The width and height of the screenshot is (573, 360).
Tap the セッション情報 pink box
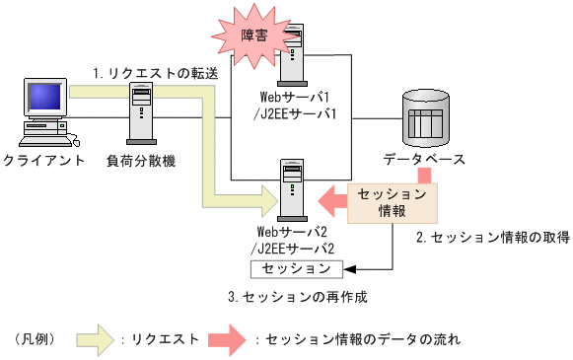pos(393,201)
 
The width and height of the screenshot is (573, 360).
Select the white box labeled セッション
pos(297,268)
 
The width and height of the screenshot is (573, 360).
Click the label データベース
pos(424,160)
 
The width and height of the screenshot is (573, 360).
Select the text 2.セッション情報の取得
pos(479,238)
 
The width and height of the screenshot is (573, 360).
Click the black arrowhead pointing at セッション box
pos(348,268)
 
